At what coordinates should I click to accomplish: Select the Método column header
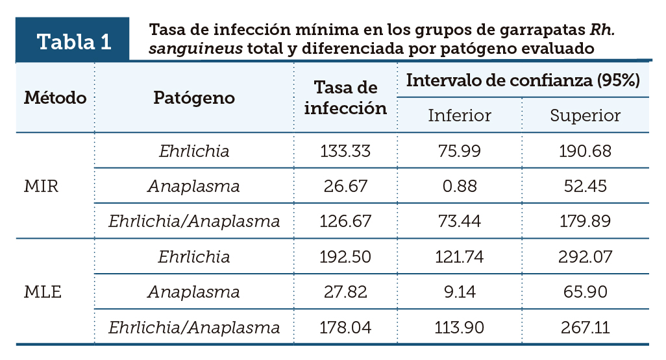click(x=55, y=98)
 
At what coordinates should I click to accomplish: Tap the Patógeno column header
click(x=194, y=98)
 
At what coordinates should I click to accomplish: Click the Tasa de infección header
click(x=345, y=98)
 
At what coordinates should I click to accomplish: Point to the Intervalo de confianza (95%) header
click(x=523, y=80)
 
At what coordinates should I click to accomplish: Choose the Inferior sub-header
click(x=460, y=115)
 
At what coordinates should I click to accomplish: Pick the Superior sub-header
click(x=585, y=115)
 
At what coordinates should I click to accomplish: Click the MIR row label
click(x=42, y=186)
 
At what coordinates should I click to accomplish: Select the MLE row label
click(x=43, y=292)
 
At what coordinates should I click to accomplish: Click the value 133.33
click(x=345, y=151)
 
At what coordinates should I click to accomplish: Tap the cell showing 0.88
click(x=460, y=186)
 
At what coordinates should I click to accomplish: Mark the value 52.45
click(x=585, y=186)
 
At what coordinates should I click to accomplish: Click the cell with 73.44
click(x=460, y=221)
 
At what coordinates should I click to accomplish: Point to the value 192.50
click(x=345, y=257)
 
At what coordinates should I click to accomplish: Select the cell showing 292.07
click(x=585, y=257)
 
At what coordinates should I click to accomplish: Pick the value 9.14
click(x=460, y=292)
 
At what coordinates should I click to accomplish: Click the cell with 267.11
click(x=585, y=327)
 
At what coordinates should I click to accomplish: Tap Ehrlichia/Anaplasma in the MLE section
click(x=194, y=327)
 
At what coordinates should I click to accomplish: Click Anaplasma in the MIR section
click(x=194, y=186)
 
